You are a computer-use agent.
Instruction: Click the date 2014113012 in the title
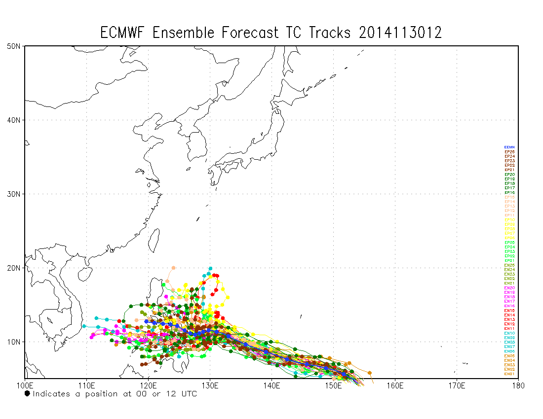[x=400, y=33]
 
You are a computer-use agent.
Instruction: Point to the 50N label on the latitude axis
[x=13, y=46]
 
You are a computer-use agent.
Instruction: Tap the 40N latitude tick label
[x=13, y=120]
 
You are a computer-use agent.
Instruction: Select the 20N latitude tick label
[x=13, y=268]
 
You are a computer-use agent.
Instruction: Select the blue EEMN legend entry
[x=509, y=147]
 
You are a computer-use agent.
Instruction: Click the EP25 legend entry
[x=509, y=152]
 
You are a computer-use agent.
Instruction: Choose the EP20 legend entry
[x=509, y=175]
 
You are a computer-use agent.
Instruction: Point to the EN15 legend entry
[x=509, y=311]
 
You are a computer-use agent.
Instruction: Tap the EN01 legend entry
[x=509, y=374]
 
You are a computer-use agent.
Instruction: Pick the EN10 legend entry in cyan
[x=509, y=333]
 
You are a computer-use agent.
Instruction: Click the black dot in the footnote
[x=27, y=394]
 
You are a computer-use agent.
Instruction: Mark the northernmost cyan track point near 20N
[x=210, y=269]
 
